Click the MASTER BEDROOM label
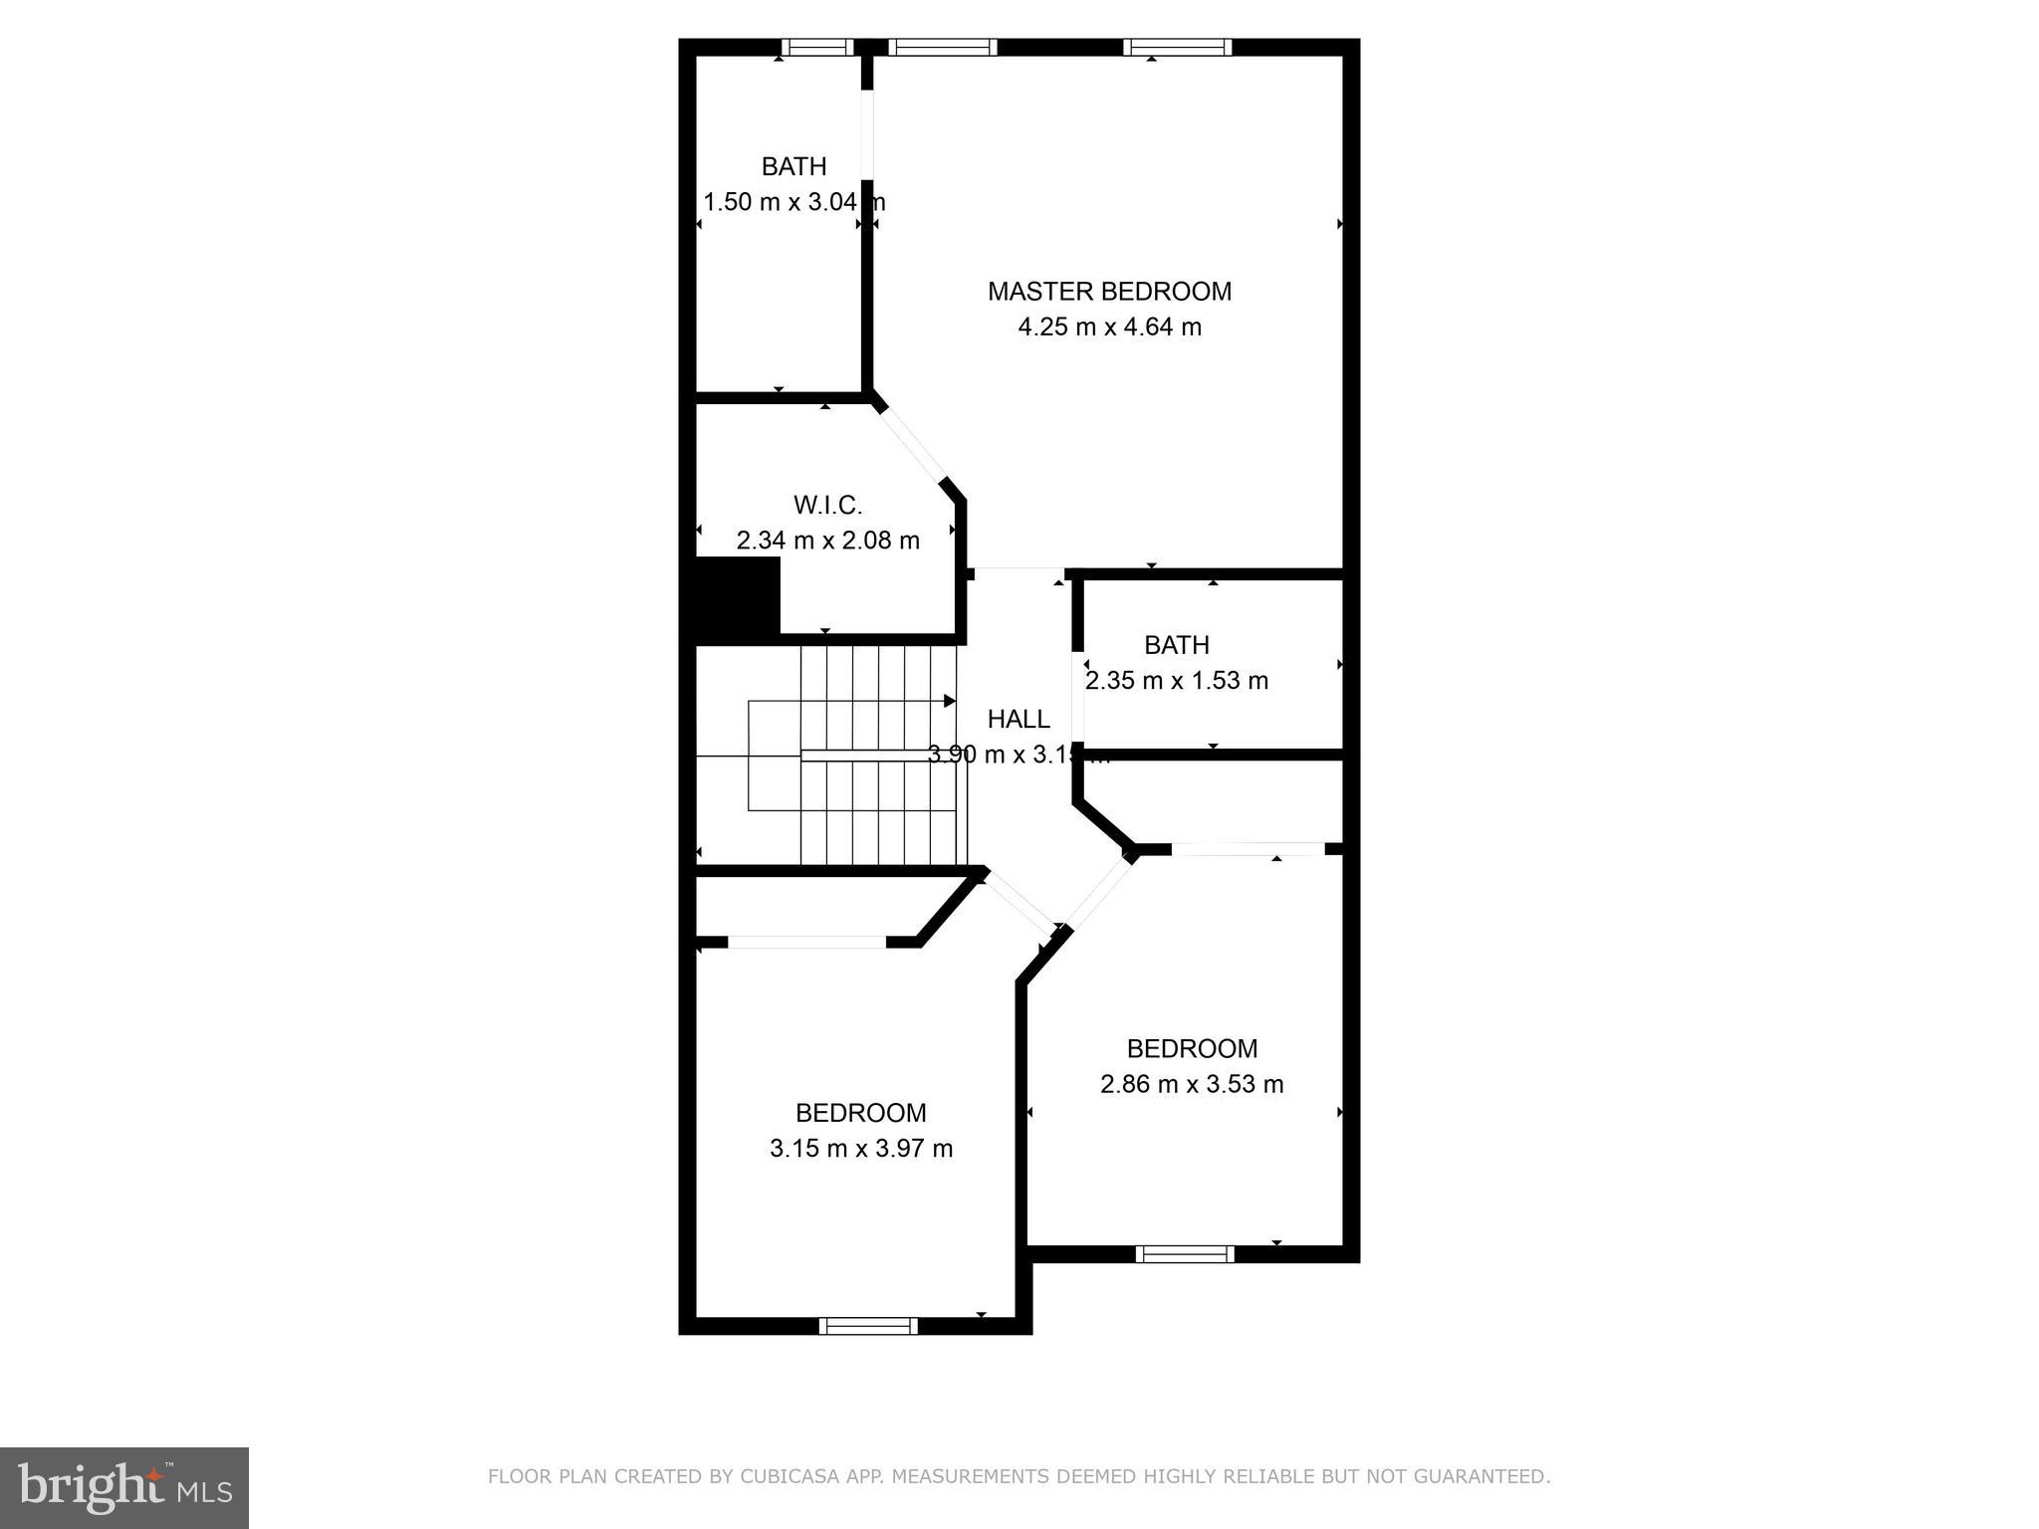tap(1109, 291)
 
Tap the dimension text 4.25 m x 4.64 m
tap(1109, 327)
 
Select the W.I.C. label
tap(827, 505)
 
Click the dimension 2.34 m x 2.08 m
tap(827, 541)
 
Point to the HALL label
tap(1018, 719)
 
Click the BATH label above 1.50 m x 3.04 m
tap(793, 166)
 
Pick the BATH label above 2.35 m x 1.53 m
tap(1176, 645)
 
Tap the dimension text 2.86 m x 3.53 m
tap(1191, 1084)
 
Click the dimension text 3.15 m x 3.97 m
tap(860, 1149)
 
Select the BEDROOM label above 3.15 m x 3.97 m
tap(860, 1113)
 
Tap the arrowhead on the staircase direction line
tap(950, 701)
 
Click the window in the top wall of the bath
tap(816, 47)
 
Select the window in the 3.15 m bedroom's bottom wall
tap(868, 1325)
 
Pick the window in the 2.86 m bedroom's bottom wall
tap(1185, 1254)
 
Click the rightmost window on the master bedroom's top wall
tap(1177, 47)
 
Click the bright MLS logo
tap(124, 1487)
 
